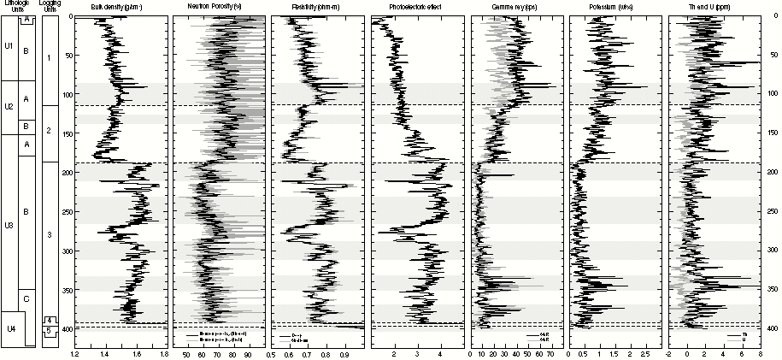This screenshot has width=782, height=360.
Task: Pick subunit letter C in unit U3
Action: [27, 298]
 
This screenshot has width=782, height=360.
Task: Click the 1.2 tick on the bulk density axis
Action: [75, 352]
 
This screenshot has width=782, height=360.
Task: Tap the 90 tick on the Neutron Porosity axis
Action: [248, 352]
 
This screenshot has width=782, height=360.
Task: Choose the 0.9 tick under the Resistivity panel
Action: [346, 352]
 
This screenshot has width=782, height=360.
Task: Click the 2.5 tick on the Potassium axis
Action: [646, 352]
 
